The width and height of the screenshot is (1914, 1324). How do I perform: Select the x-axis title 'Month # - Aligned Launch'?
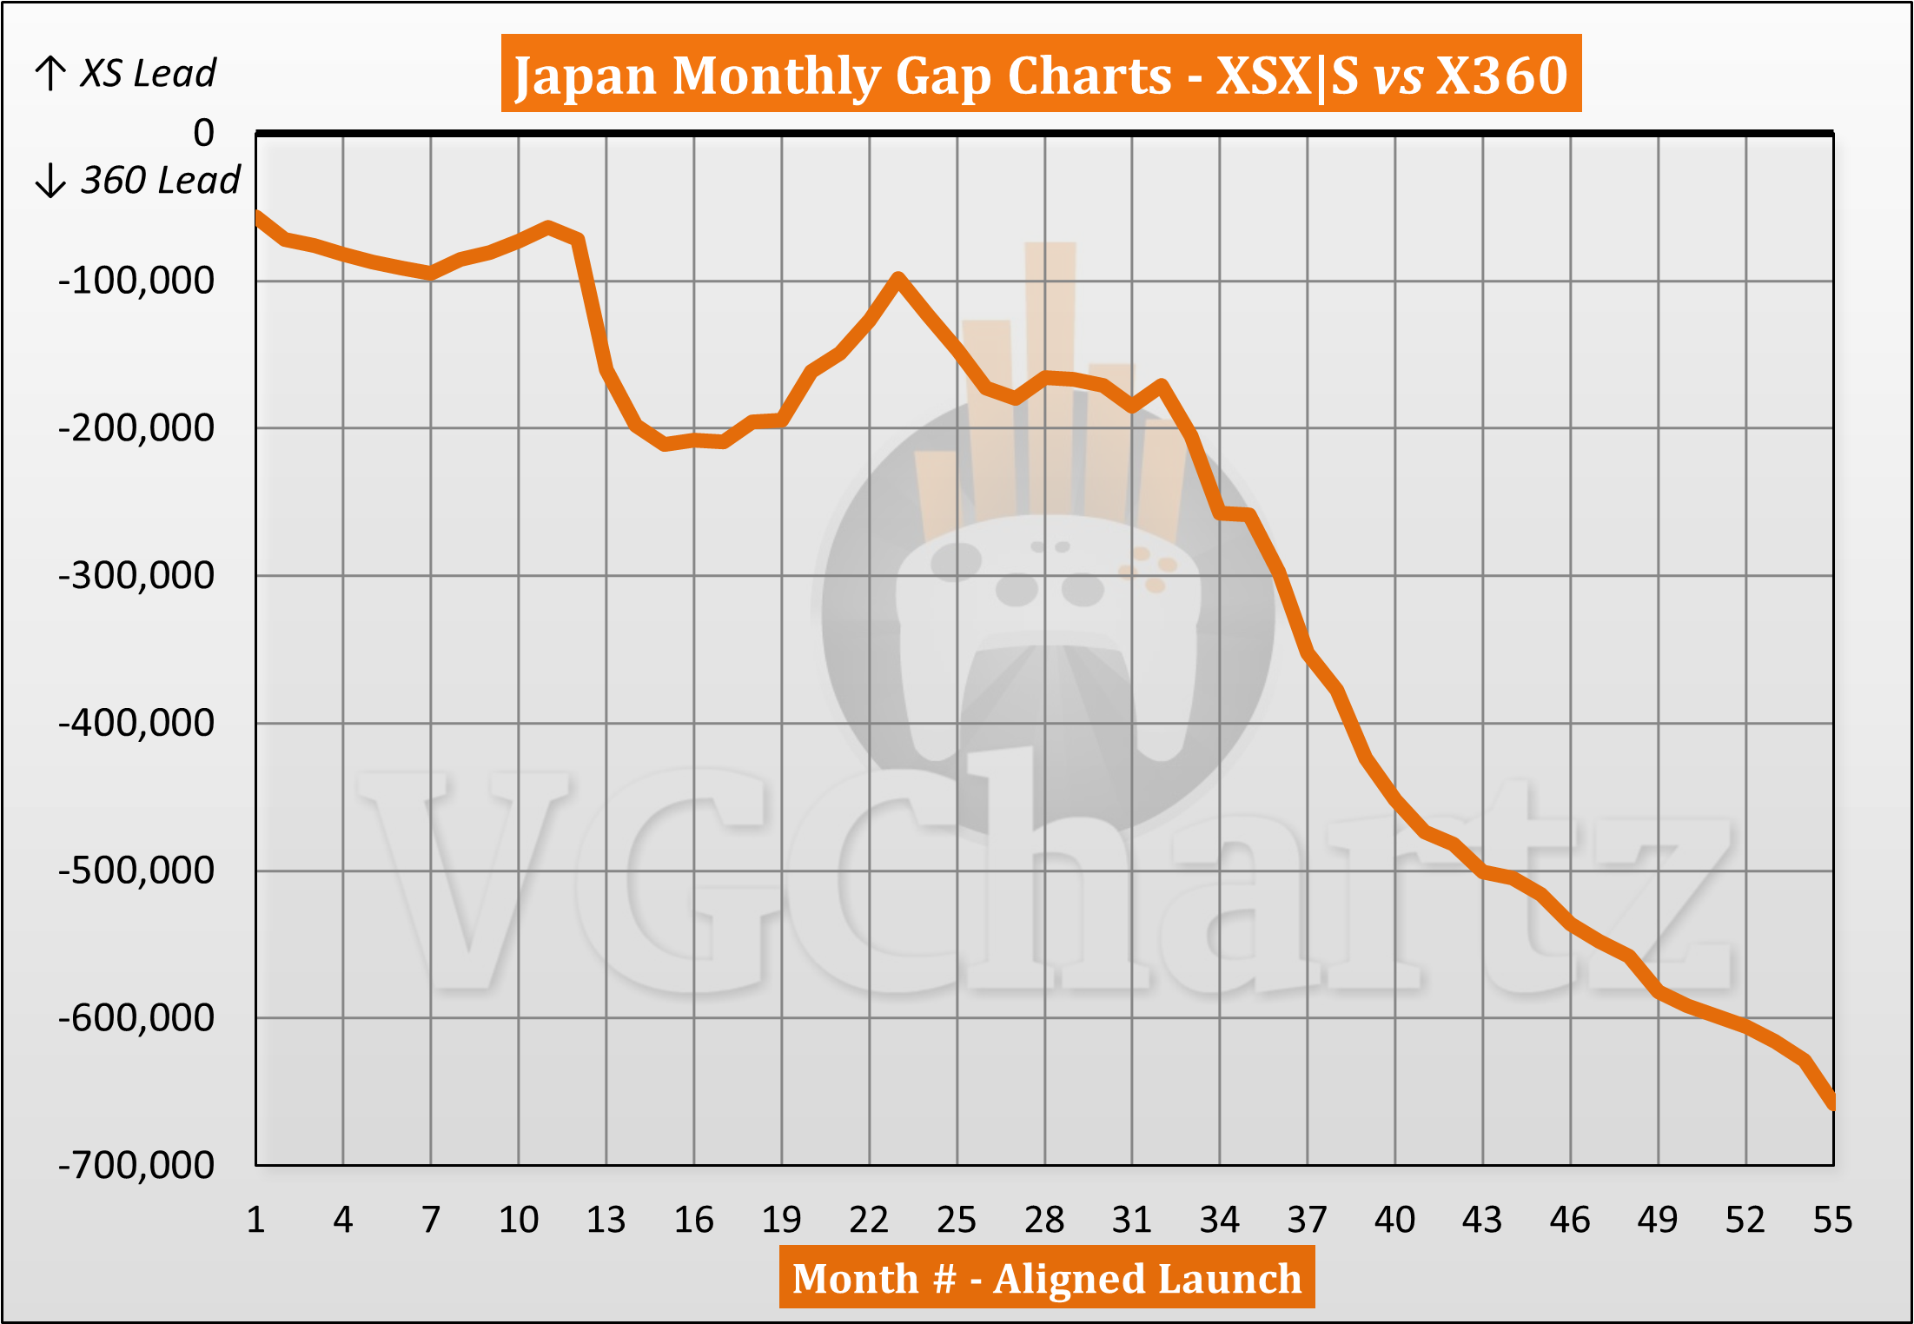[1046, 1278]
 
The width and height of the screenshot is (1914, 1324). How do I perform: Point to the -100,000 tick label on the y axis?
[136, 281]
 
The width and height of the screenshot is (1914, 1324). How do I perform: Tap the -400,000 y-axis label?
[136, 723]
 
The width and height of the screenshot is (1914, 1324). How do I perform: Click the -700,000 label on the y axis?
[136, 1165]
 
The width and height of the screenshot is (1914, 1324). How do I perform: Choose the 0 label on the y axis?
[203, 133]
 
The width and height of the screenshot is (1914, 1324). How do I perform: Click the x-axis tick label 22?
[869, 1220]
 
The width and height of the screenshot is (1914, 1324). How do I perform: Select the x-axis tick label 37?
[1308, 1220]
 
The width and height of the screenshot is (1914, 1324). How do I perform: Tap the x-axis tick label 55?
[1832, 1220]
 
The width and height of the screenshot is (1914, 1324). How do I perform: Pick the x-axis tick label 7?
[431, 1220]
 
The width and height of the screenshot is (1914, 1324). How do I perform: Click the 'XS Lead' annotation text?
[149, 74]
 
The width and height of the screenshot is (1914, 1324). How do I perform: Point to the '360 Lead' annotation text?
[160, 181]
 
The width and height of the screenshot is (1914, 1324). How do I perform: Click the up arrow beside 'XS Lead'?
[50, 74]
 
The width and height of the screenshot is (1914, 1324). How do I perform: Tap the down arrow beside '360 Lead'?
[50, 181]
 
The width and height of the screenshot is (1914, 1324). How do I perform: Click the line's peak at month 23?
[898, 278]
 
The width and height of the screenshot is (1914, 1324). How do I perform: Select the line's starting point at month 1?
[257, 215]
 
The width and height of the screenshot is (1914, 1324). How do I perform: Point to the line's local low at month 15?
[665, 445]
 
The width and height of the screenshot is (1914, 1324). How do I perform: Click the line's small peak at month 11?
[548, 228]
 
